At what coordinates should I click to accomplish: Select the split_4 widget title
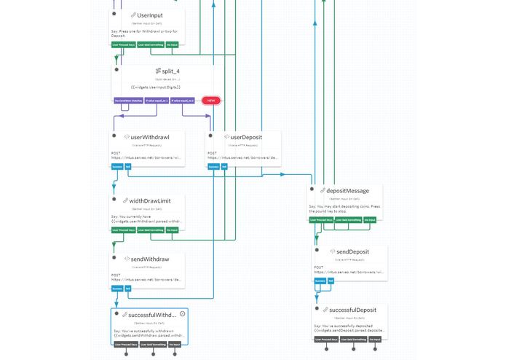tap(167, 71)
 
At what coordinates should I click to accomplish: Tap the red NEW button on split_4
tap(211, 101)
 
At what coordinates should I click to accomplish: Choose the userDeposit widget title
tap(245, 137)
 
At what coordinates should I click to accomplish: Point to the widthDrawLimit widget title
tap(151, 200)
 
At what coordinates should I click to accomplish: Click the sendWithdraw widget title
tap(150, 259)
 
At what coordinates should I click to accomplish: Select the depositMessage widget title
tap(347, 190)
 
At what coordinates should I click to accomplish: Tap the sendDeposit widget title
tap(353, 251)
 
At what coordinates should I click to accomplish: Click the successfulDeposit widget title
tap(352, 310)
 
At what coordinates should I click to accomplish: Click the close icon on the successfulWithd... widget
tap(182, 313)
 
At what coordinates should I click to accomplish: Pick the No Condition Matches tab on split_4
tap(127, 101)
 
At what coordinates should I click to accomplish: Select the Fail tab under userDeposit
tap(226, 166)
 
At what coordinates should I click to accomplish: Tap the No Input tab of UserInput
tap(173, 44)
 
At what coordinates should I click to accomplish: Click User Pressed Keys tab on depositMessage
tap(323, 219)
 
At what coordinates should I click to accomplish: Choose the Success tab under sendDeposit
tap(320, 281)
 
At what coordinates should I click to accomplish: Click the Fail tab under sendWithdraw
tap(128, 289)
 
